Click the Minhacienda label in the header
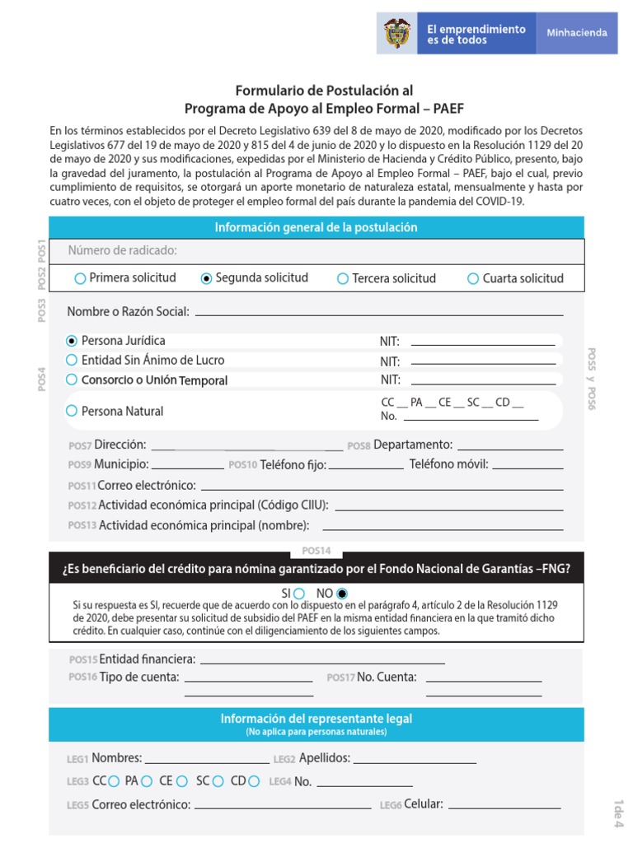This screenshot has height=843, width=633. click(577, 33)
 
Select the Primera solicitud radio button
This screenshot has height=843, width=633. click(80, 278)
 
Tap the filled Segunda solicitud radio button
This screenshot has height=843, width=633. click(206, 278)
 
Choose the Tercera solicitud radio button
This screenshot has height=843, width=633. click(343, 279)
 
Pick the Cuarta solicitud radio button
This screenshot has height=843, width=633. click(473, 279)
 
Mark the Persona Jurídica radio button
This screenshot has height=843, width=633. click(72, 340)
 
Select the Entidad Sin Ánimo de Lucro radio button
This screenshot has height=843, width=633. click(72, 360)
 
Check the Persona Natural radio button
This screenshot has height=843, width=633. click(72, 411)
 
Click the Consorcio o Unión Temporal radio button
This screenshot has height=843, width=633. click(72, 380)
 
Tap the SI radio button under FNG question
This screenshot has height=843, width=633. click(299, 593)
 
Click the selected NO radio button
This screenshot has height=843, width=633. click(342, 593)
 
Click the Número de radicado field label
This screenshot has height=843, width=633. click(123, 250)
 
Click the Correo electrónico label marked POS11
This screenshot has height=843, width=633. click(147, 485)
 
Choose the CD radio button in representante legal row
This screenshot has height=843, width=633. click(254, 781)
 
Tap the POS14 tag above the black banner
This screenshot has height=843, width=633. click(316, 551)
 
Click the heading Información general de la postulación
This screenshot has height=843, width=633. click(316, 227)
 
